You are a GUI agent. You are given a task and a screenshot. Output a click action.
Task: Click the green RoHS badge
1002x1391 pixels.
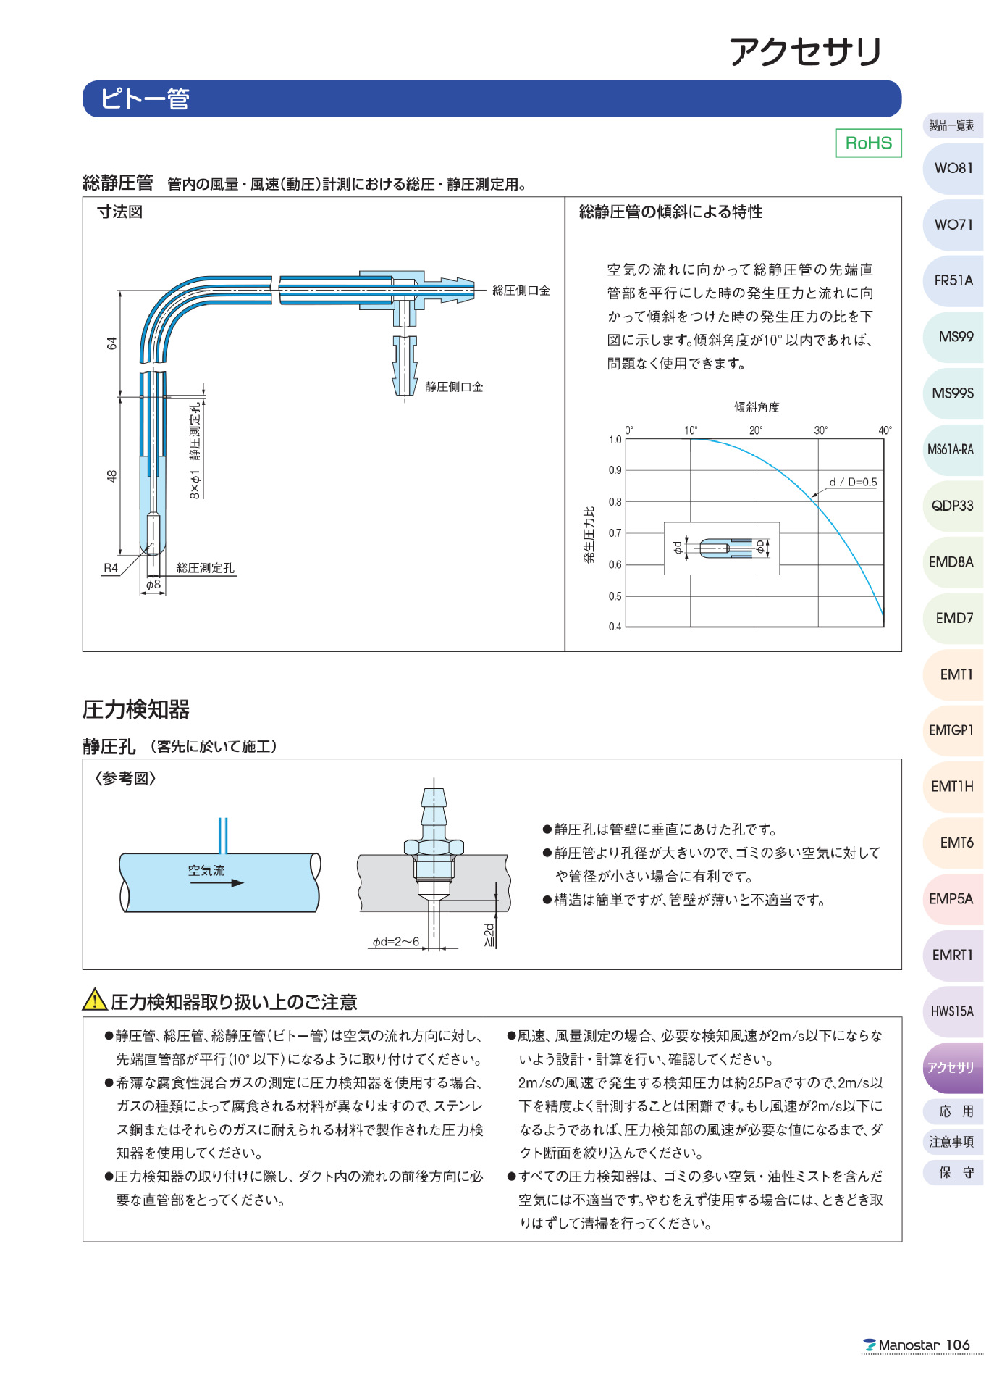coord(868,143)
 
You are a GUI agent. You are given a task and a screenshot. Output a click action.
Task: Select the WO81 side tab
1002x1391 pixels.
coord(953,168)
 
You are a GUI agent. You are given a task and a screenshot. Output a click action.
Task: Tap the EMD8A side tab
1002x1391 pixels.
coord(951,562)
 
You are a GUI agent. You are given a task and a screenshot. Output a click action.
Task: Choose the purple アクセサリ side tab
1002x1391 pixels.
coord(951,1068)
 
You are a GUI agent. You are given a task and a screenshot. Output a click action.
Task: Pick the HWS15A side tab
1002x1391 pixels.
coord(951,1011)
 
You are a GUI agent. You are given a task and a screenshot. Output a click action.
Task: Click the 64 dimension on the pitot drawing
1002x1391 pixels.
coord(111,343)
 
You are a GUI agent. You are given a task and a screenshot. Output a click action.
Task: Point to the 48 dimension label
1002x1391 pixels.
coord(111,476)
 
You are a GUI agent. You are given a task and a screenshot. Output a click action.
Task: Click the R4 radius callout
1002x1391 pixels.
coord(110,568)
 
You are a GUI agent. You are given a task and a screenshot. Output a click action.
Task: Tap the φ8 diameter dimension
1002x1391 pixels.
coord(153,584)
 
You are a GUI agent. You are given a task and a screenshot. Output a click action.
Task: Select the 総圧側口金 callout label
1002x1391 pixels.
coord(521,291)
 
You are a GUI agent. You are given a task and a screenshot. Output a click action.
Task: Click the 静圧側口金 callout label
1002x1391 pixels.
coord(454,387)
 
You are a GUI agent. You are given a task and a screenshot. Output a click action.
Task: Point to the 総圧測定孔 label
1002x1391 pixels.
coord(206,568)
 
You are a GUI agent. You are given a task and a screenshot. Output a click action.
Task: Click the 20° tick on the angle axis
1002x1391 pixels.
coord(755,430)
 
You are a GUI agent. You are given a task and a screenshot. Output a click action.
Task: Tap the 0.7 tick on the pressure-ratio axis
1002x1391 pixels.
coord(615,533)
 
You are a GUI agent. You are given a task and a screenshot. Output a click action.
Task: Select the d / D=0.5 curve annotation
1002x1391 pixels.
coord(853,482)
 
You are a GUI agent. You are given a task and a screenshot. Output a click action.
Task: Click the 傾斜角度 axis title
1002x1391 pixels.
coord(757,407)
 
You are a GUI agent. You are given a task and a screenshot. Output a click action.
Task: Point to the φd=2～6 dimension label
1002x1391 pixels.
coord(395,942)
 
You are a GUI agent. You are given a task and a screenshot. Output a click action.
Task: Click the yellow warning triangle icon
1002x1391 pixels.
coord(95,1000)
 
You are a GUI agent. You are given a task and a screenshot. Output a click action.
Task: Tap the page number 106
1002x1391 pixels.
coord(957,1345)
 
